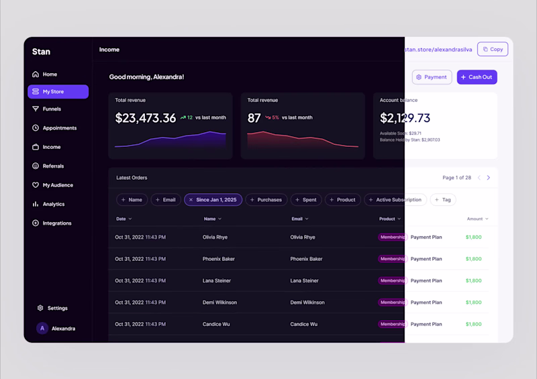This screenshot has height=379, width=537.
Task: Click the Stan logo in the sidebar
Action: [41, 52]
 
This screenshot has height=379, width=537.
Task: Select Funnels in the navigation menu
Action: [52, 109]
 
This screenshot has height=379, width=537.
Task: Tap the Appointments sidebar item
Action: [59, 128]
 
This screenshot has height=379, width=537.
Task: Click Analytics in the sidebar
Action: [53, 204]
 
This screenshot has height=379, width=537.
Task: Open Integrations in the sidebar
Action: [56, 223]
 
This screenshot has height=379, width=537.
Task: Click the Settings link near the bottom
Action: [57, 309]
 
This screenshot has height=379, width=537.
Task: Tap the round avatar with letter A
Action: [42, 329]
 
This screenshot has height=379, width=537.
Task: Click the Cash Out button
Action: [477, 77]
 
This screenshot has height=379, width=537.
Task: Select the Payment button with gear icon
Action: [432, 77]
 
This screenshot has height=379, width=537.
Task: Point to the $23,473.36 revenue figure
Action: [146, 118]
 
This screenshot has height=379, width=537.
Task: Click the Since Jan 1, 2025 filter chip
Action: [213, 200]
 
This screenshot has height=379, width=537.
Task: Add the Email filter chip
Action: [165, 200]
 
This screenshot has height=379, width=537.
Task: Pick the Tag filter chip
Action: [443, 200]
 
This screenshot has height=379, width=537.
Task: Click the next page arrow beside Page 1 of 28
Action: [488, 178]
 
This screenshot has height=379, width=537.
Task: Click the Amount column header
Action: [477, 219]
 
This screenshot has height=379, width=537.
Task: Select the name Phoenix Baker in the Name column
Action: [218, 259]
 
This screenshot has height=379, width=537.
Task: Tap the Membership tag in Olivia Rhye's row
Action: [392, 237]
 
